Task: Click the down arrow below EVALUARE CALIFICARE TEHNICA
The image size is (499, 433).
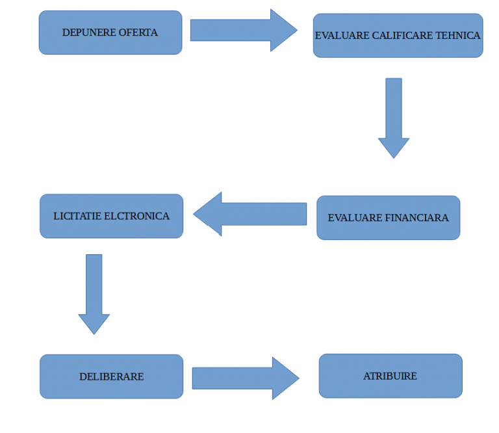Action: (x=394, y=117)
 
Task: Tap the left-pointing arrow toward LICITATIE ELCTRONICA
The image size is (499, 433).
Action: (x=250, y=214)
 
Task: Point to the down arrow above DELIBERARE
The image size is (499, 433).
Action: (x=94, y=293)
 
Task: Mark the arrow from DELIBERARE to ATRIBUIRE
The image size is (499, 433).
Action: (x=244, y=378)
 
